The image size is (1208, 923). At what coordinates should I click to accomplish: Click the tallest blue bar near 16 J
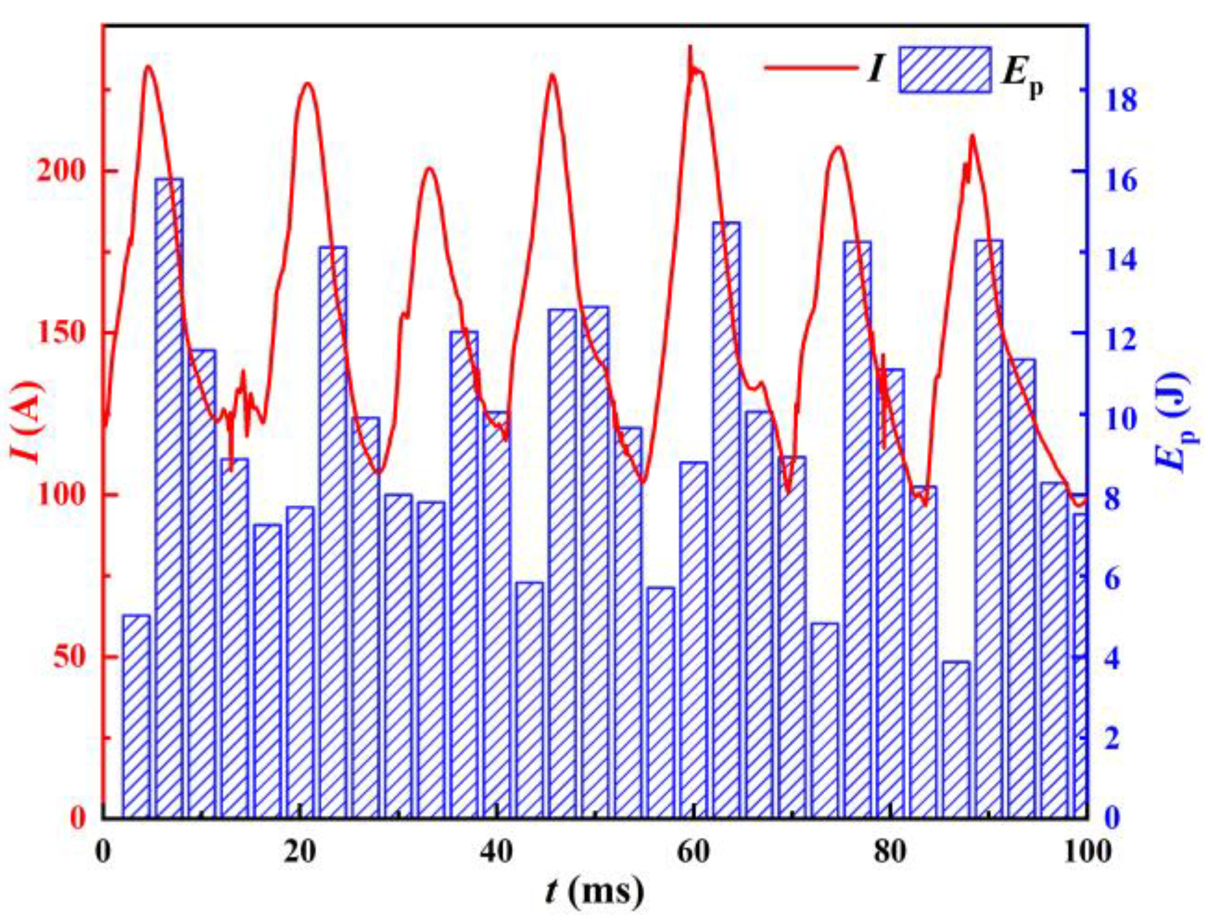coord(169,495)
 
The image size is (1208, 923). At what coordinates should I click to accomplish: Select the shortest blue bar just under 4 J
coord(956,739)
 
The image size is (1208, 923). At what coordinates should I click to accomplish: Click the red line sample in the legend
coord(810,67)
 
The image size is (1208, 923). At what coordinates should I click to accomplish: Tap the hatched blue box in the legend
coord(945,70)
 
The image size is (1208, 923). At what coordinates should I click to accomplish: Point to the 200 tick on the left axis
coord(59,171)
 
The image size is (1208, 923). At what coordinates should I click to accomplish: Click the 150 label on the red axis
coord(59,333)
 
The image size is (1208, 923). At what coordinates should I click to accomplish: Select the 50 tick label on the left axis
coord(68,657)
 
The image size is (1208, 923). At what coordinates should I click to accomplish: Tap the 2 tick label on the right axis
coord(1112,739)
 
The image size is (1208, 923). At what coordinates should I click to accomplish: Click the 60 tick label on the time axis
coord(693,852)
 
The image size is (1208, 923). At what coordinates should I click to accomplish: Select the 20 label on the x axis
coord(300,852)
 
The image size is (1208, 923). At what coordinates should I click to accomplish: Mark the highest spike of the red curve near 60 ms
coord(691,47)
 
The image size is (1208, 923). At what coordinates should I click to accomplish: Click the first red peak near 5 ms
coord(148,66)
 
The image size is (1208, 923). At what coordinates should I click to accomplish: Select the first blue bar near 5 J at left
coord(137,714)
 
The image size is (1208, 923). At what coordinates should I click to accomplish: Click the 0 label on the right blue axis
coord(1112,819)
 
